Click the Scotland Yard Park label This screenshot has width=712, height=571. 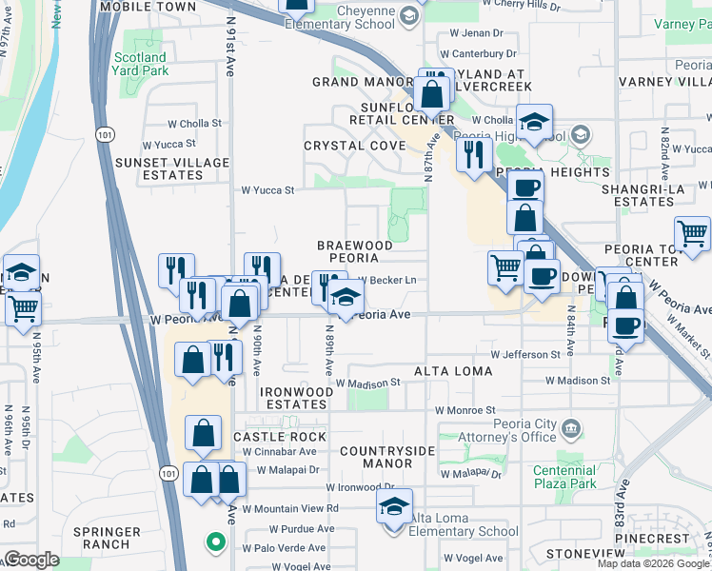(x=140, y=64)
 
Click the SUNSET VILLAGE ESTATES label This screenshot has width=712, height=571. (x=186, y=168)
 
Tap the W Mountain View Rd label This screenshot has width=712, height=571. (x=292, y=509)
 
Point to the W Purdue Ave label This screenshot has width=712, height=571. (x=300, y=528)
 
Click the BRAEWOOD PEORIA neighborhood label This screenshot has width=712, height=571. (x=354, y=252)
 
